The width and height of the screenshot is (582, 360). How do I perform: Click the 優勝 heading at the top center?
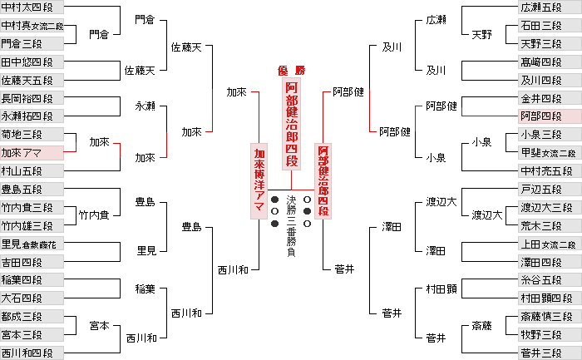point(291,70)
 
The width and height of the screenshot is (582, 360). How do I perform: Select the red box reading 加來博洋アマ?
point(259,182)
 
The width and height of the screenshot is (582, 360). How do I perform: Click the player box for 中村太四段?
point(32,8)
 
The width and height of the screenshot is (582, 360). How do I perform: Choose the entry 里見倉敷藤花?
point(32,244)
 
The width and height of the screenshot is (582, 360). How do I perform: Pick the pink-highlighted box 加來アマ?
point(32,153)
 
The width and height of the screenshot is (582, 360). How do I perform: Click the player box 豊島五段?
point(32,190)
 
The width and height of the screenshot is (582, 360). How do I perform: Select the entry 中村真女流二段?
point(32,26)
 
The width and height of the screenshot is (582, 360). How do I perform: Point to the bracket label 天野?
point(482,34)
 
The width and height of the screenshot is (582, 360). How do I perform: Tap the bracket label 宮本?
point(100,326)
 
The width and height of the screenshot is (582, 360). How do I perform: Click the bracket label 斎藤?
point(482,326)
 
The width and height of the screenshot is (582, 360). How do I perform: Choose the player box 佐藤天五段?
point(32,81)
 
